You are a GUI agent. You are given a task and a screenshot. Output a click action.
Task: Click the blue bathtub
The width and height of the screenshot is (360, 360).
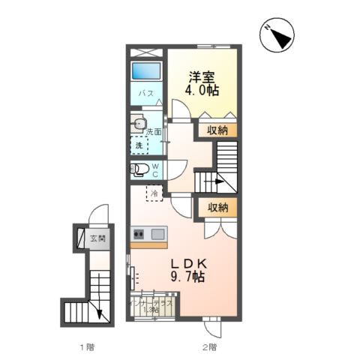[147, 72]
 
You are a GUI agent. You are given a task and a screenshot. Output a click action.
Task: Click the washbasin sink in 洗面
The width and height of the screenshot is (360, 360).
[138, 124]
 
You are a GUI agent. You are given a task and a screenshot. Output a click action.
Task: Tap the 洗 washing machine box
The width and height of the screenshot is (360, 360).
[139, 145]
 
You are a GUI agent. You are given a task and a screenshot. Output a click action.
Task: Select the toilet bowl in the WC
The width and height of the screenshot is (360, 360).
[138, 169]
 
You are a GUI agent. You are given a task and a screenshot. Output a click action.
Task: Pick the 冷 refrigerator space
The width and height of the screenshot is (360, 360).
[154, 194]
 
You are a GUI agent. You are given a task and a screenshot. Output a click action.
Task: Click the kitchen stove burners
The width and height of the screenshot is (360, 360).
[139, 234]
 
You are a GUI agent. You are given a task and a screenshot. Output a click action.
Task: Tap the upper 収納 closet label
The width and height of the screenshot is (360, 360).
[218, 130]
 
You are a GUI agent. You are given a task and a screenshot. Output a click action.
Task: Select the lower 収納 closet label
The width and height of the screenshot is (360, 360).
[218, 208]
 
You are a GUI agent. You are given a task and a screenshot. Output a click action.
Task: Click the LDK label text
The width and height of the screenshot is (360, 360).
[187, 263]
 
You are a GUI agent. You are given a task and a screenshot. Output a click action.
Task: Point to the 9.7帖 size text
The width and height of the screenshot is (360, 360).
[187, 277]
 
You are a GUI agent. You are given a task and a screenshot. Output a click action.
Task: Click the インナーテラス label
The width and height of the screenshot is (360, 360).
[154, 302]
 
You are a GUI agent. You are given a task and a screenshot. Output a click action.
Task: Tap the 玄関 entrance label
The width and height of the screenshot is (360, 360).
[98, 239]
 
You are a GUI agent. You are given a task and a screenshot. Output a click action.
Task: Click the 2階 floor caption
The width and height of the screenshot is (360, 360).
[208, 347]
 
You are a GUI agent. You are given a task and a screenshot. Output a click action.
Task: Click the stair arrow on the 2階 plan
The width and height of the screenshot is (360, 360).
[218, 181]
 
